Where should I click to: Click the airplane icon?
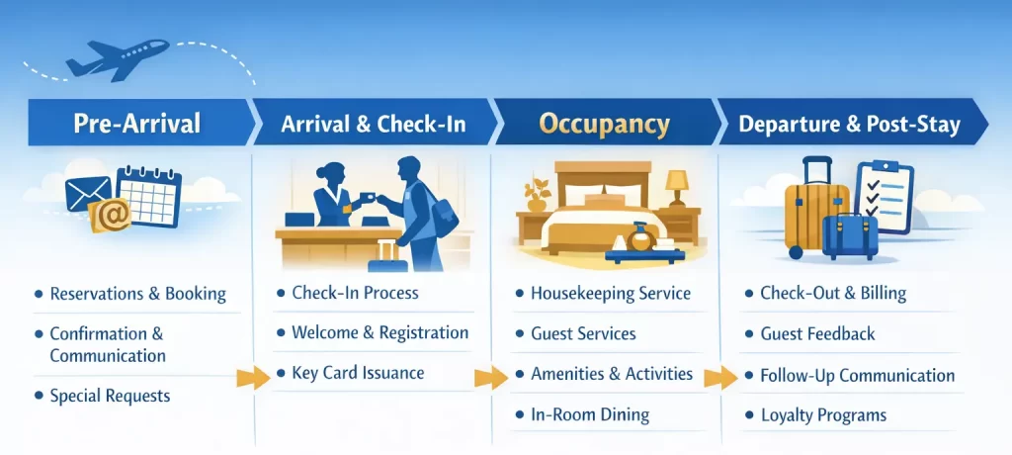(117, 59)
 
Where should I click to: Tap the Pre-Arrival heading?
(136, 123)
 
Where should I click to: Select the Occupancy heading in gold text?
(604, 124)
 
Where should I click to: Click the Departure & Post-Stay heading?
(849, 124)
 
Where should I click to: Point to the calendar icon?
(148, 197)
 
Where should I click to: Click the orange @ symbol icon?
(111, 216)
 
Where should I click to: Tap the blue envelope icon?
(88, 193)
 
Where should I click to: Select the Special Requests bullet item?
(110, 396)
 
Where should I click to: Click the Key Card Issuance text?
(358, 373)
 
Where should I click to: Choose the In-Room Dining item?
(590, 414)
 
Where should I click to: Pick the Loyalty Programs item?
(823, 414)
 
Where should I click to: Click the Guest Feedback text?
(817, 333)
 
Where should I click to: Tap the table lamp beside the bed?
(677, 187)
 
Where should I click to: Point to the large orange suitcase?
(814, 208)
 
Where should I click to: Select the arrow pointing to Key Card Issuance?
(253, 377)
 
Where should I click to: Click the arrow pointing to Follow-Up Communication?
(720, 377)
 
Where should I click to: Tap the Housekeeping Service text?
(611, 294)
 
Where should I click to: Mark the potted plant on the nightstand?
(537, 194)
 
